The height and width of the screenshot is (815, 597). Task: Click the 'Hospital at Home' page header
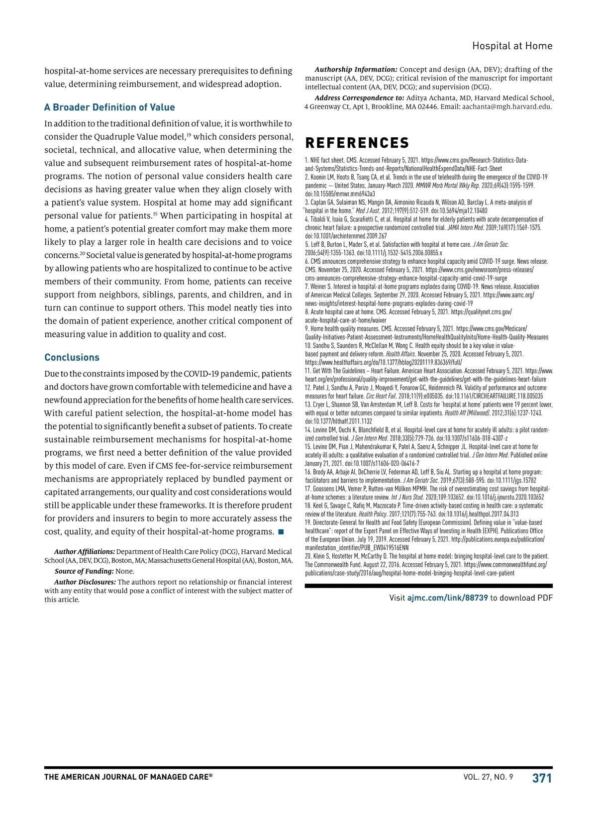tap(512, 46)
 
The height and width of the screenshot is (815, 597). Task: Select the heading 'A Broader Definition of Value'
tap(109, 107)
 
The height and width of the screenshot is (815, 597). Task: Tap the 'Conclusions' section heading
tap(72, 357)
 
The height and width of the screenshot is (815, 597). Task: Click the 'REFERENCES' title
tap(357, 143)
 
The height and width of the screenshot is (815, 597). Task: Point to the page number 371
tap(542, 778)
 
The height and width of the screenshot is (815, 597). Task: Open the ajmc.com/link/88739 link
tap(447, 598)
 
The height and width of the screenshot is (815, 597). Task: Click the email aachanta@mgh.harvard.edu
tap(507, 106)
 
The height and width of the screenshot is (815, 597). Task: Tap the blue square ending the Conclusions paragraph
tap(281, 532)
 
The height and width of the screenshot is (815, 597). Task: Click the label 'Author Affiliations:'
tap(85, 552)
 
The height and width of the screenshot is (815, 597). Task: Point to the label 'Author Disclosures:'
tap(85, 582)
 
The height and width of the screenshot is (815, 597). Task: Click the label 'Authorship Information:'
tap(356, 70)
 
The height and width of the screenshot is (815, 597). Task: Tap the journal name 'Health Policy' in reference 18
tap(371, 514)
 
